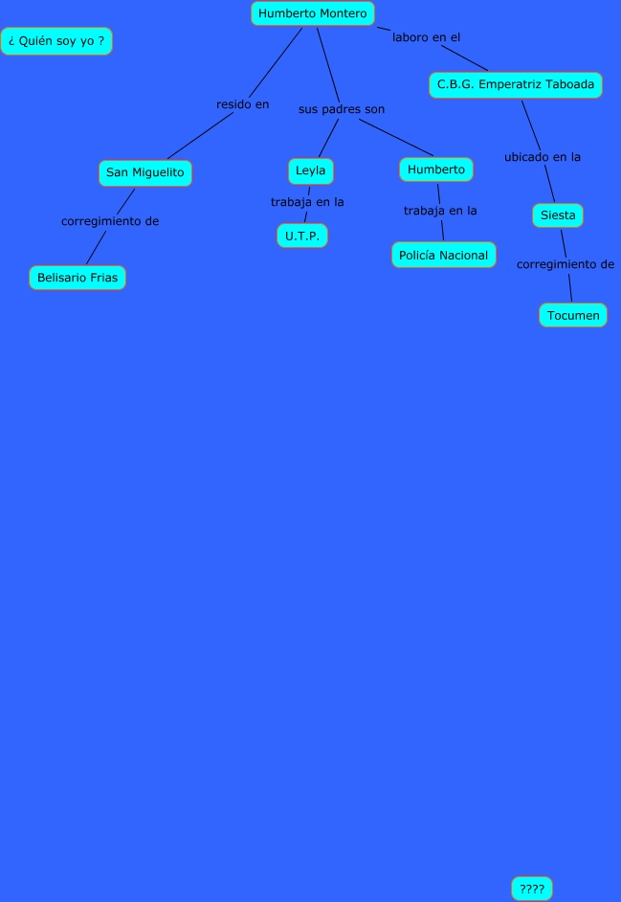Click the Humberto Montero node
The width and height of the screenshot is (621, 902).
(x=313, y=13)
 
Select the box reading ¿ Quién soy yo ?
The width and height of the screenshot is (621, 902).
(x=56, y=41)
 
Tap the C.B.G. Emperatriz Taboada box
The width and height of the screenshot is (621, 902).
(x=516, y=85)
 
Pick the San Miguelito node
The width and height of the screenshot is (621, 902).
(x=144, y=173)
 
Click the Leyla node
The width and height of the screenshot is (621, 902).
(x=310, y=171)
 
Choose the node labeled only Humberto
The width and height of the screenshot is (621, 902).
(x=436, y=169)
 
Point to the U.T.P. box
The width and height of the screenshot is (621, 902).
(x=302, y=236)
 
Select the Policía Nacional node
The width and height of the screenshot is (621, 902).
(x=444, y=256)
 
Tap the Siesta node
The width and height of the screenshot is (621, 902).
(x=558, y=215)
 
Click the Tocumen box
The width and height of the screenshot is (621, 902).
(x=573, y=315)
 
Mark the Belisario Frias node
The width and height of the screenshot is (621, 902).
(x=78, y=278)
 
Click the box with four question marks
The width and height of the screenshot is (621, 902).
(x=532, y=889)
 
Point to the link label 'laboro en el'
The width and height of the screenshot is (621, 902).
(x=426, y=37)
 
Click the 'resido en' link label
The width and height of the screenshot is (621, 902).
(x=243, y=104)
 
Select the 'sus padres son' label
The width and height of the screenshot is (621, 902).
(x=342, y=109)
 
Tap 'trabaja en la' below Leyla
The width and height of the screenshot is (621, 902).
(x=307, y=202)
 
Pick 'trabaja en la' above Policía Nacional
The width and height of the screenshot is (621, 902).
(x=440, y=211)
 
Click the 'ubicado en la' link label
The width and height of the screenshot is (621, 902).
(x=543, y=157)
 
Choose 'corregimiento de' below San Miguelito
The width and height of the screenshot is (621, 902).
(x=110, y=221)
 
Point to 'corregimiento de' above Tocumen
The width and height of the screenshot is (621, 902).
(x=566, y=264)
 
